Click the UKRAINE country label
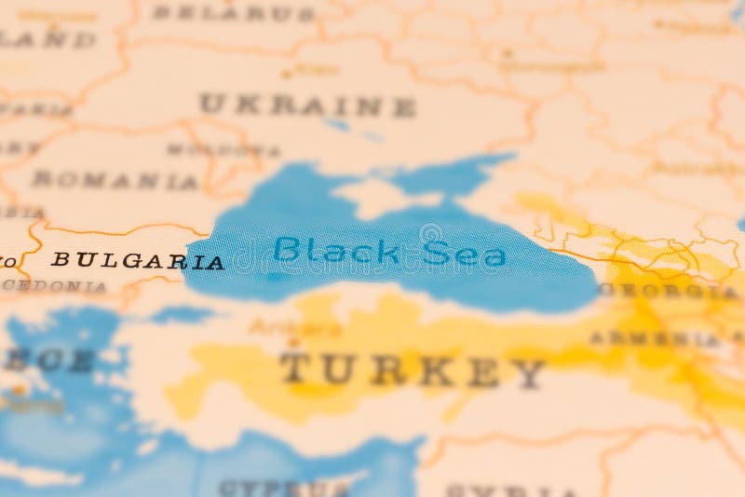tap(307, 104)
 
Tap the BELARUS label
tap(233, 13)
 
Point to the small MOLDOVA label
tap(223, 149)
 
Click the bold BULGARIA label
tap(137, 261)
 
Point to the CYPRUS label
tap(284, 488)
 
